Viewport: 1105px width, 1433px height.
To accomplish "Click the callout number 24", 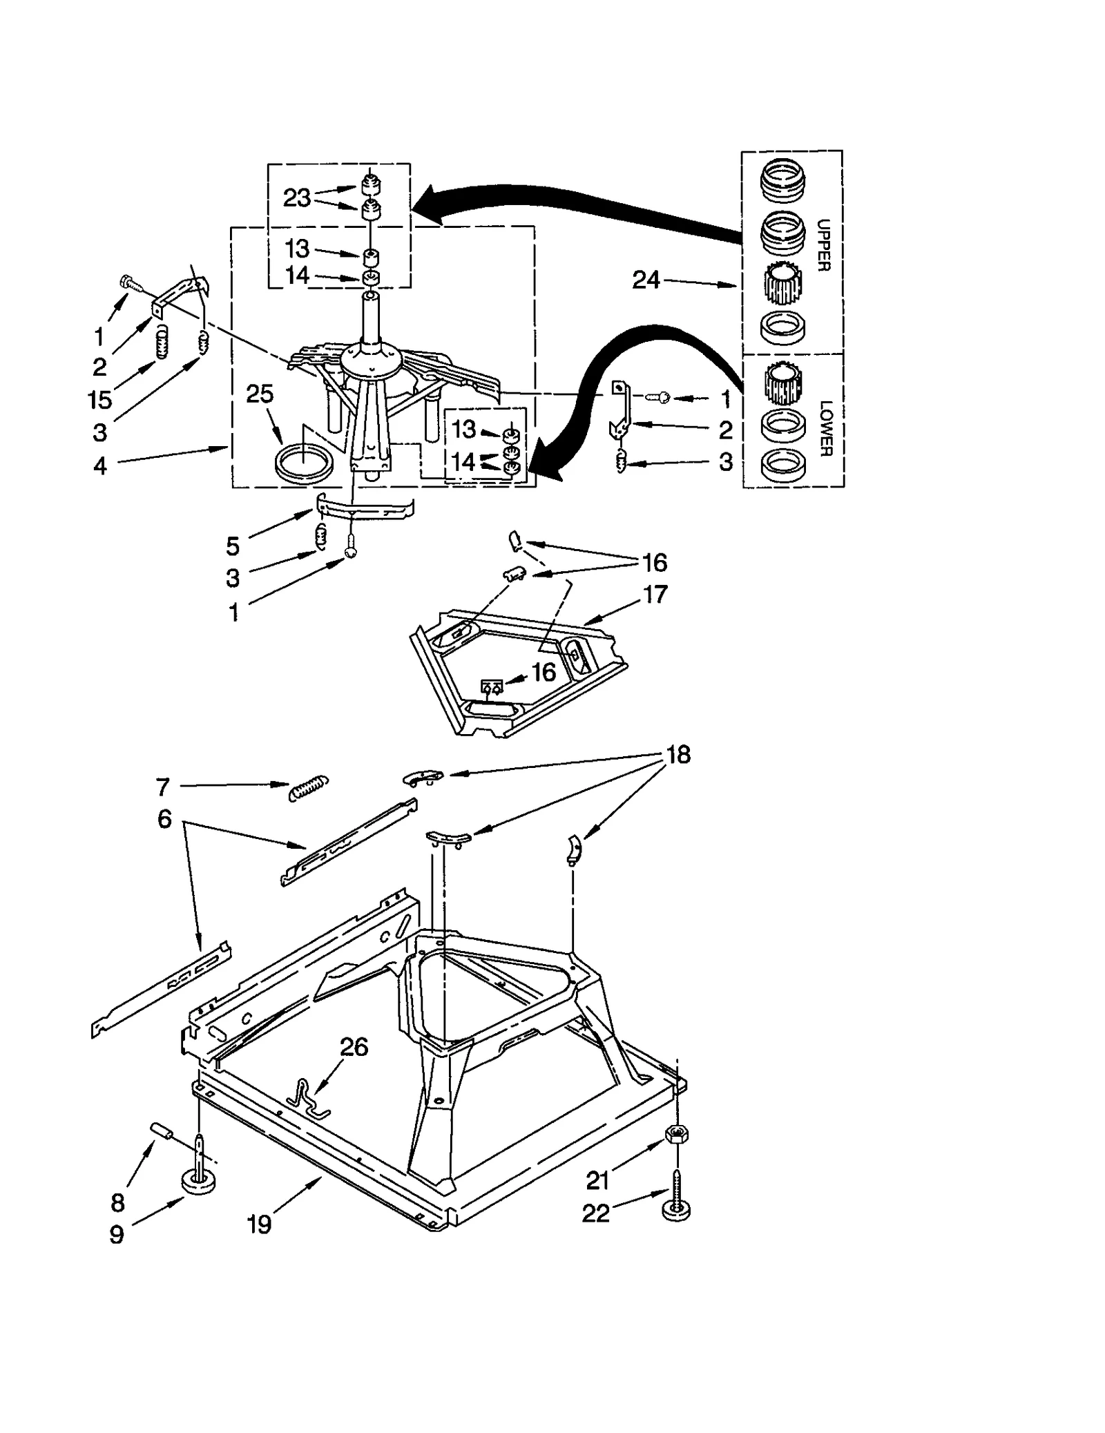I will pos(646,280).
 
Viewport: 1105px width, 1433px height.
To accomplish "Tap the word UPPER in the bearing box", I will pos(823,245).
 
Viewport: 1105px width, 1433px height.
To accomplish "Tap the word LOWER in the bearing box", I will pos(825,428).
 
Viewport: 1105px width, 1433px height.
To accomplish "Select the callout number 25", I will pos(260,394).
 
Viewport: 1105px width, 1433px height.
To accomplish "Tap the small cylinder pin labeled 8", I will pos(160,1131).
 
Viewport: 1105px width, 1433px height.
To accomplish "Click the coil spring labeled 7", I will pos(308,788).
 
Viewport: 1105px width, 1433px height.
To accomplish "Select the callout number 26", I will pos(354,1047).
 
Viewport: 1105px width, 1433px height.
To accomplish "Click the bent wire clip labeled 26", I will pos(308,1095).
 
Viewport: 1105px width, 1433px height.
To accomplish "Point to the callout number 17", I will pos(655,594).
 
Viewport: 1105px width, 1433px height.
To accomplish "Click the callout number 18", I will pos(678,754).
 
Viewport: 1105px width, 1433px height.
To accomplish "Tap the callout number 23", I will pos(297,198).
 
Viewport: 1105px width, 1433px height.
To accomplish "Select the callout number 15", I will pos(100,399).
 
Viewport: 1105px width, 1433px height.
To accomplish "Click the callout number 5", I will pos(233,546).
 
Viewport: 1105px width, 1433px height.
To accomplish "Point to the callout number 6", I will pos(164,819).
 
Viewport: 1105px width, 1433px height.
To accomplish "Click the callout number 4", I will pos(100,466).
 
